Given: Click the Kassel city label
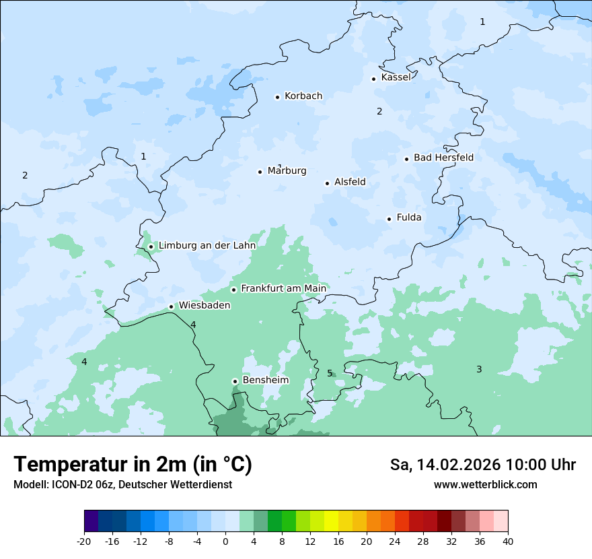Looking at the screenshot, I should (396, 77).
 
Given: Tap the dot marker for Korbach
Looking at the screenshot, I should (277, 97).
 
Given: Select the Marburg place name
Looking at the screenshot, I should (287, 171).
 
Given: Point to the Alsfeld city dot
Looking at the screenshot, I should (328, 183).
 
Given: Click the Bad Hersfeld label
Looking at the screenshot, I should (443, 158).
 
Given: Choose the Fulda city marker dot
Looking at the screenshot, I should (389, 219).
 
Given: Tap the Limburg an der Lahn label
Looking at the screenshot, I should (207, 246).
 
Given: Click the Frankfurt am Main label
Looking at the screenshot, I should (283, 288).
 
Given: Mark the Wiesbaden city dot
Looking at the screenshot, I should (172, 307).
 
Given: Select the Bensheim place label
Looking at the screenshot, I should (265, 380).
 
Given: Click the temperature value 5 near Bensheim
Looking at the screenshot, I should (330, 373).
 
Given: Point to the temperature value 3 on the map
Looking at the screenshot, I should (479, 369).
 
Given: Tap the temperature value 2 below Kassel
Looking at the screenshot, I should (379, 111).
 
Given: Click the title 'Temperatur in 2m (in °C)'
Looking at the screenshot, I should (133, 465).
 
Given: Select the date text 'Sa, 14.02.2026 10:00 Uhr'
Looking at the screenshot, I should (482, 465).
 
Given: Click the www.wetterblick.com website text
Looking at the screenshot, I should (485, 485).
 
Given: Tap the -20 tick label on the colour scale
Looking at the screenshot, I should (84, 541).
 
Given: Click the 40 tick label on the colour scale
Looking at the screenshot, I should (508, 541).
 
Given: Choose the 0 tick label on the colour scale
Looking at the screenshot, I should (225, 541).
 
